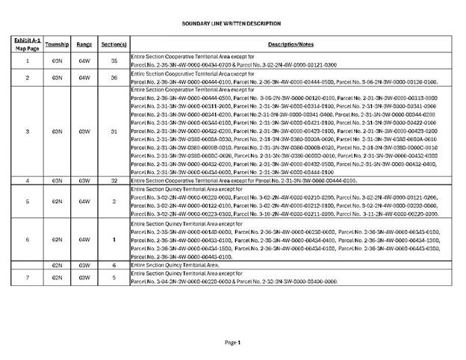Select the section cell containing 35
pos(114,60)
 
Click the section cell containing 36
pos(114,78)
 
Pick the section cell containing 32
pos(114,181)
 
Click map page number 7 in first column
pos(28,278)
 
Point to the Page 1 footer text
pos(233,342)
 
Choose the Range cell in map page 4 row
pos(84,181)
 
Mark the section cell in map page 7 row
pos(114,278)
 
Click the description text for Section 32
pos(243,181)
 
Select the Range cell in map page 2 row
pos(84,78)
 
